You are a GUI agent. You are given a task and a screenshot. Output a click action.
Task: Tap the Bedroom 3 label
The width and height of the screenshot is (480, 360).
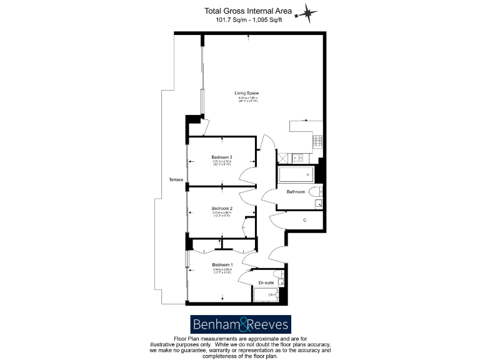point(222,157)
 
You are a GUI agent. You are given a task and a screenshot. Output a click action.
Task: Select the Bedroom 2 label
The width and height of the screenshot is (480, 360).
point(222,208)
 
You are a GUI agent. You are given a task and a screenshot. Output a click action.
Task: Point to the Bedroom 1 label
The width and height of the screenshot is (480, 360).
point(222,265)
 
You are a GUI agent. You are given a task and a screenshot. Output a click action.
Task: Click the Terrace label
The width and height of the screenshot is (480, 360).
point(176,180)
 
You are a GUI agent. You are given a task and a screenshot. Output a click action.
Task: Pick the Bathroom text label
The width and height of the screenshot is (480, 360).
point(296,192)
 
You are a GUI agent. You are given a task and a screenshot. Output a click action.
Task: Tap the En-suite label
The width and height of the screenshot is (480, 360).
point(266,282)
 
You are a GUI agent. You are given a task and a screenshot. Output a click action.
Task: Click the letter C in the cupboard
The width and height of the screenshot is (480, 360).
point(304,220)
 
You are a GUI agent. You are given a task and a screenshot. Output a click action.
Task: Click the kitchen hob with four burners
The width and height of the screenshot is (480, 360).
point(317,141)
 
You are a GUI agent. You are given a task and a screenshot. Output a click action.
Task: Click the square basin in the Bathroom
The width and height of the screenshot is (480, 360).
point(319,203)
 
